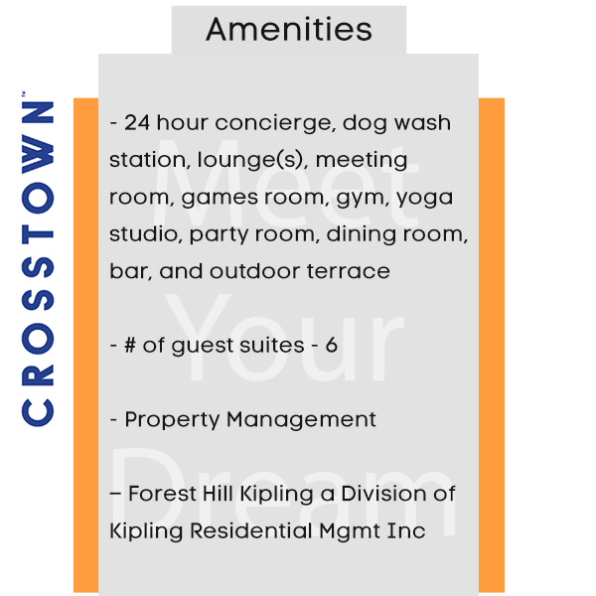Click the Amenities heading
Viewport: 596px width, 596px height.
point(289,29)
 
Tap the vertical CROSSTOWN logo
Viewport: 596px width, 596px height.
point(38,259)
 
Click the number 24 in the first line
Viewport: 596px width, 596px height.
point(137,123)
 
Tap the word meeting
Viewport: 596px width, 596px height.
point(362,161)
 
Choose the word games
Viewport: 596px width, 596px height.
point(220,198)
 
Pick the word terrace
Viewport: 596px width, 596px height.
point(349,271)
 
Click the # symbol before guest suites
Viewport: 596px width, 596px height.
point(130,345)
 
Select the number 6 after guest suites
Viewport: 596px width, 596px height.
point(331,345)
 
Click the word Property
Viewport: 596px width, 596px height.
point(172,420)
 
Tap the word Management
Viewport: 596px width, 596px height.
point(301,420)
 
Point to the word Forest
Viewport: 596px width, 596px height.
point(162,494)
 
